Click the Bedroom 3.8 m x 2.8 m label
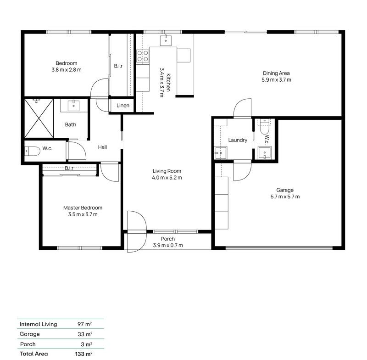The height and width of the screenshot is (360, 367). [67, 67]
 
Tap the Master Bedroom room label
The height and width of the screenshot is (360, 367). [83, 211]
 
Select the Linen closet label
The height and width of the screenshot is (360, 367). [123, 106]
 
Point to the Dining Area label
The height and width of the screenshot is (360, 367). [276, 76]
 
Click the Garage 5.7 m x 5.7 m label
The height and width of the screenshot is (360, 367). [284, 193]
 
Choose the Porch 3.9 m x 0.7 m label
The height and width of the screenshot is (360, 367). [167, 242]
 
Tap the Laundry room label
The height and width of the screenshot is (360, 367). [238, 140]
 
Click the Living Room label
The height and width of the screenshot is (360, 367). [167, 174]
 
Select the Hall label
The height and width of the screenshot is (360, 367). [102, 147]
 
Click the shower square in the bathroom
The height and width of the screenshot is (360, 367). [39, 118]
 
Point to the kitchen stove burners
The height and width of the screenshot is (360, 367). [143, 56]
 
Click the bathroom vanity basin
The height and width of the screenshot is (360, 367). [74, 106]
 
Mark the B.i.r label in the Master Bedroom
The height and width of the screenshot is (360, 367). [69, 169]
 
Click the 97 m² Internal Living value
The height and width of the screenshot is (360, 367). [85, 324]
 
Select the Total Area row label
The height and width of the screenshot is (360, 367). [33, 354]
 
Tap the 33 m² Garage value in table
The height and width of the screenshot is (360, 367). [85, 334]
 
